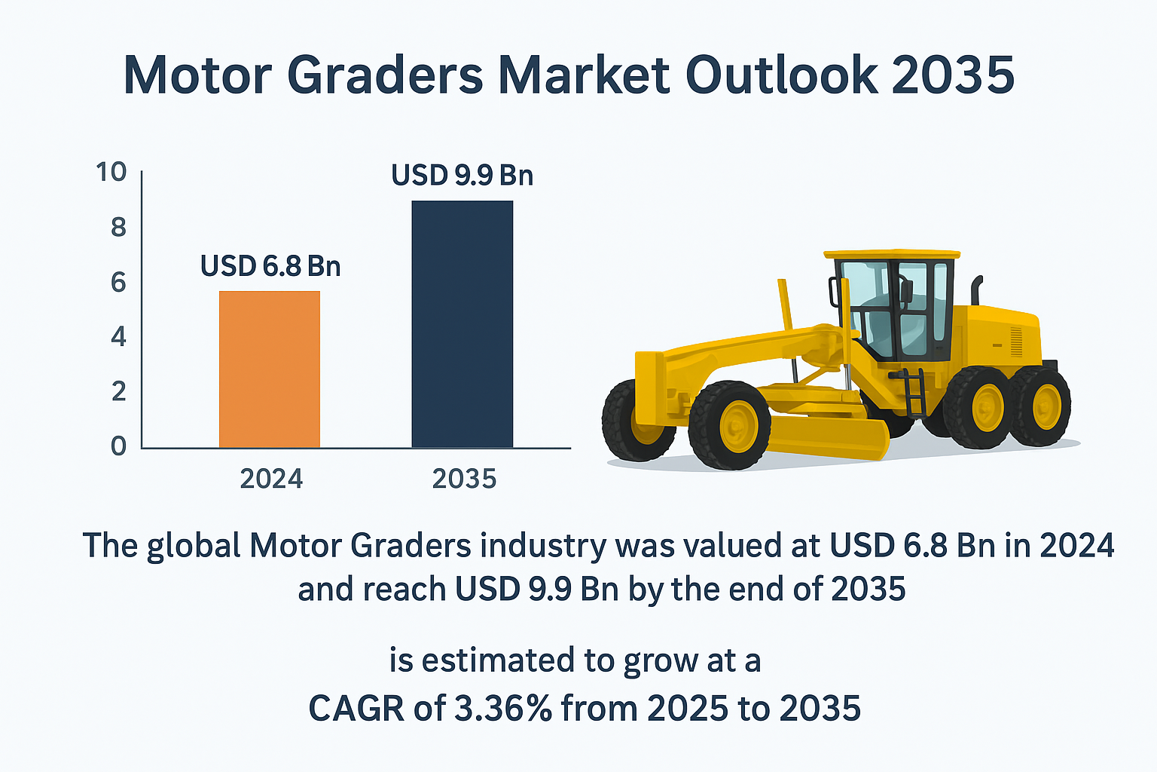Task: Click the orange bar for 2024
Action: (270, 369)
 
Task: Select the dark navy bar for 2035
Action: (462, 324)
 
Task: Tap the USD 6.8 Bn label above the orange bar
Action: (270, 266)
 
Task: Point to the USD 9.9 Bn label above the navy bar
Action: (462, 176)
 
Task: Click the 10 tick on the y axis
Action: (111, 172)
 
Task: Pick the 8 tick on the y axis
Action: (118, 228)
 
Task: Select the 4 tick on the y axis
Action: (118, 336)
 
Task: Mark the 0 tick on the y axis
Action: (118, 446)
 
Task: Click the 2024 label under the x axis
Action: (271, 479)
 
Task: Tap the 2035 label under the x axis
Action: (464, 479)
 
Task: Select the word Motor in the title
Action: (197, 75)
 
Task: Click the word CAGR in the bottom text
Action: (356, 708)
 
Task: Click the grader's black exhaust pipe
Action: (976, 290)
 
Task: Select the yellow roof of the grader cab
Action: (892, 254)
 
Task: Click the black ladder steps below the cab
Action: (914, 393)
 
